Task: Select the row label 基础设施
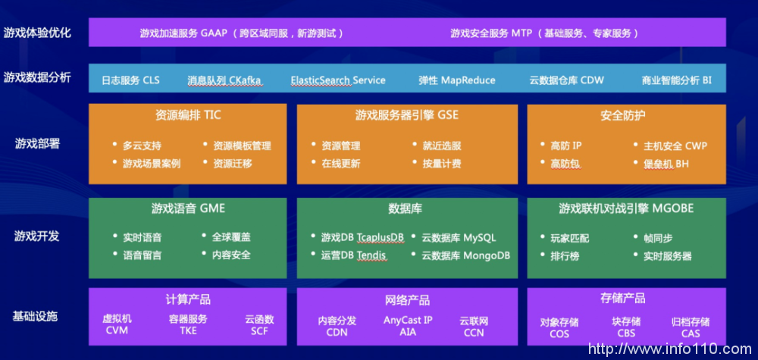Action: click(x=36, y=315)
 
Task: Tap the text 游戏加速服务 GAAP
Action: click(x=184, y=33)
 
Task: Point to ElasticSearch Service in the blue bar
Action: click(x=338, y=80)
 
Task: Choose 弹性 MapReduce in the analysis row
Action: click(x=457, y=80)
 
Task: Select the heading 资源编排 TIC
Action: click(x=188, y=115)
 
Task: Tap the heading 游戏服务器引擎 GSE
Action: click(x=407, y=115)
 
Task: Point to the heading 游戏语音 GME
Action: click(x=188, y=208)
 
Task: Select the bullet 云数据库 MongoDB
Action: click(x=465, y=255)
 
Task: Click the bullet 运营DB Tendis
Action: click(x=353, y=255)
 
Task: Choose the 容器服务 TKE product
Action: click(x=188, y=324)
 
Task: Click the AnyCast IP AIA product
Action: click(x=408, y=325)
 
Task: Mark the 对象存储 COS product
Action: click(x=559, y=327)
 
